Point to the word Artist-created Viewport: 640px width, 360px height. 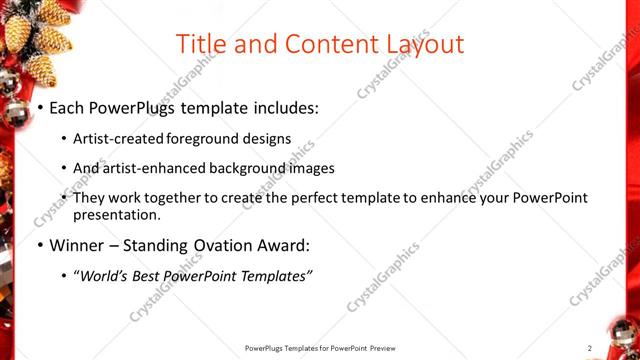[121, 139]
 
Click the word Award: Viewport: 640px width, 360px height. [285, 245]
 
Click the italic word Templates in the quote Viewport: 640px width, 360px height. [275, 276]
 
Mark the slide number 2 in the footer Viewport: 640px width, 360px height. [590, 347]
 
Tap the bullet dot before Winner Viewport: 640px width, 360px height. [39, 245]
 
